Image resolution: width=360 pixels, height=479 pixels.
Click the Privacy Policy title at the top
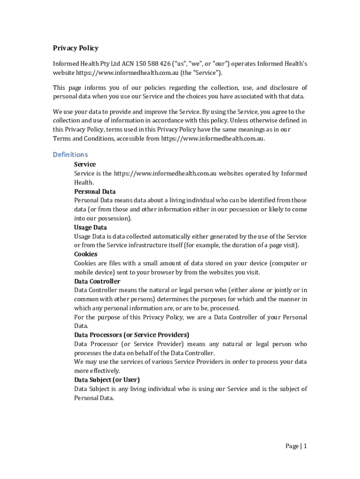coord(75,48)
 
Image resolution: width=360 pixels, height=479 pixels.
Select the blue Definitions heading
coord(70,154)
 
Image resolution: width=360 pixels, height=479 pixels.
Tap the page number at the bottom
coord(296,446)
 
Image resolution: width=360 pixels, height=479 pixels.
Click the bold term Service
coord(85,164)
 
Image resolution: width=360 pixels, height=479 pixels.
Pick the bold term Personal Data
coord(95,191)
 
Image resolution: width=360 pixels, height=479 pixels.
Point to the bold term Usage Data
coord(90,227)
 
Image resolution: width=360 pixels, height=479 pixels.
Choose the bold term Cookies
coord(86,254)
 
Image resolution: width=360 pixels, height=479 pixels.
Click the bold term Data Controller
coord(97,281)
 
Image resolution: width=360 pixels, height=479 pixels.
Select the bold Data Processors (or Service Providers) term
coord(131,335)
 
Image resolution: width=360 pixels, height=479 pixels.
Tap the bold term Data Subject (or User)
coord(107,380)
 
